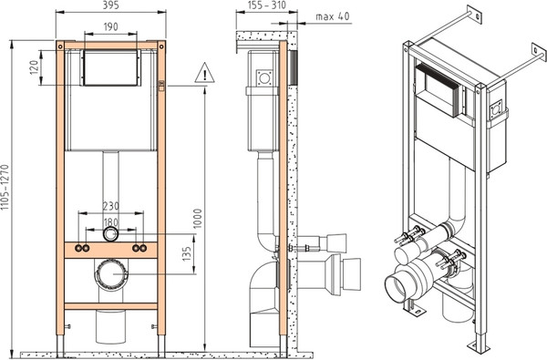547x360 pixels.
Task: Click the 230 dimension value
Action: (x=110, y=206)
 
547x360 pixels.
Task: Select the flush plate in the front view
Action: (x=110, y=67)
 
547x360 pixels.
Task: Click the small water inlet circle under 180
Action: (x=110, y=234)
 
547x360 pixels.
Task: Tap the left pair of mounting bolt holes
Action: (x=84, y=248)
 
